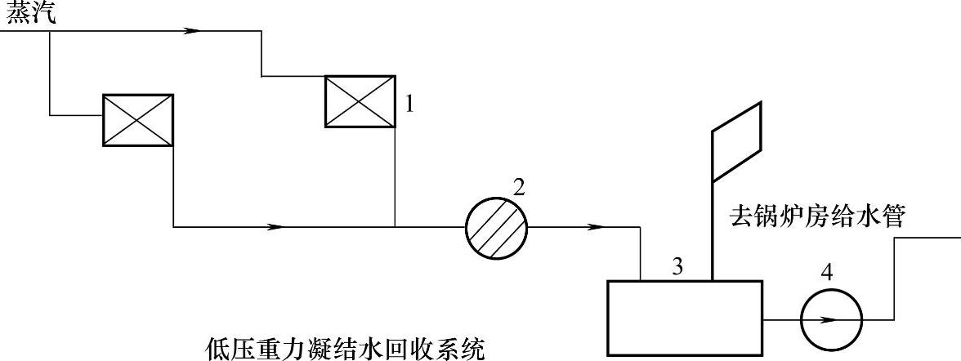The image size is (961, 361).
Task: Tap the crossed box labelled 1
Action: pyautogui.click(x=360, y=101)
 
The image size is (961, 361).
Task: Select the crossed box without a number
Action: pyautogui.click(x=138, y=120)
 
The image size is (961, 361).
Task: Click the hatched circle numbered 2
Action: pyautogui.click(x=496, y=226)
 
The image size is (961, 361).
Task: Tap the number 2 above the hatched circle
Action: pyautogui.click(x=517, y=186)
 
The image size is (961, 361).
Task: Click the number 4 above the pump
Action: pyautogui.click(x=827, y=273)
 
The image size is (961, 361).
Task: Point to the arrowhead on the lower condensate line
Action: pyautogui.click(x=276, y=226)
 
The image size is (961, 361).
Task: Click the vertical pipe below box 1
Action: pyautogui.click(x=395, y=176)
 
